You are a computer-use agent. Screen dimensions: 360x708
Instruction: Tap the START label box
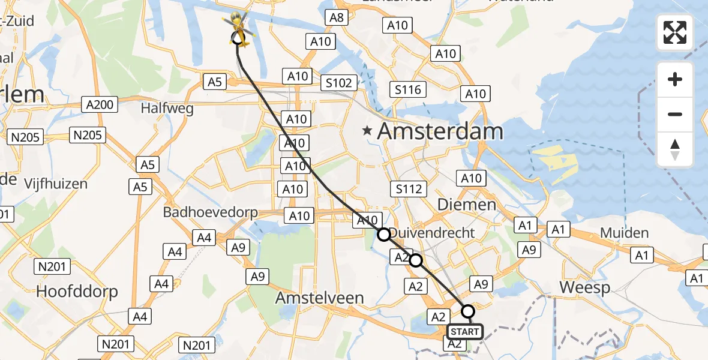(x=465, y=332)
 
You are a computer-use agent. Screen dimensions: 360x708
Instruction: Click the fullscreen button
(x=675, y=32)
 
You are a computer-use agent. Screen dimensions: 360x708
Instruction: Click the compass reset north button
(x=675, y=150)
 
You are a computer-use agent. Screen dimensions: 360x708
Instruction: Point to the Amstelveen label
(x=320, y=298)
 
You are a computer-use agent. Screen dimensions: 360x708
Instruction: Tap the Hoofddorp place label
(x=77, y=292)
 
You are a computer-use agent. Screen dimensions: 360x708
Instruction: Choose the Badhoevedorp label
(x=211, y=212)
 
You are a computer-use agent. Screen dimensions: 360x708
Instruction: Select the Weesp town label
(x=585, y=287)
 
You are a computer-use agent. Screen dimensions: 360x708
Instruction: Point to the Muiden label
(x=625, y=233)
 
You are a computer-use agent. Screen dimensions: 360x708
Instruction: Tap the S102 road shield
(x=338, y=83)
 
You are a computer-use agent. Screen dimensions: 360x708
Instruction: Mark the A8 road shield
(x=337, y=17)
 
